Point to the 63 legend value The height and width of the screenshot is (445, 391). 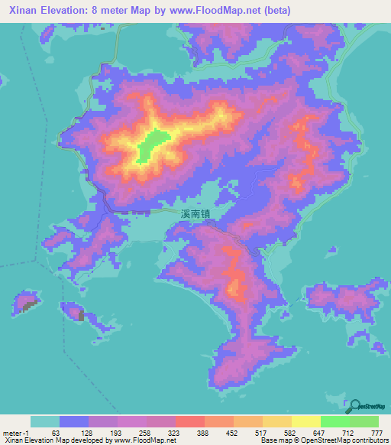tap(55, 433)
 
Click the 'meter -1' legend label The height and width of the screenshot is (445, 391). tap(13, 433)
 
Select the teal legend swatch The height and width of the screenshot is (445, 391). tap(44, 422)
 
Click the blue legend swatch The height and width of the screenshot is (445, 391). tap(73, 422)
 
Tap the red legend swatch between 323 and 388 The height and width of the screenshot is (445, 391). tap(189, 422)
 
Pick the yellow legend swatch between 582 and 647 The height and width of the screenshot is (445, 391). tap(305, 422)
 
